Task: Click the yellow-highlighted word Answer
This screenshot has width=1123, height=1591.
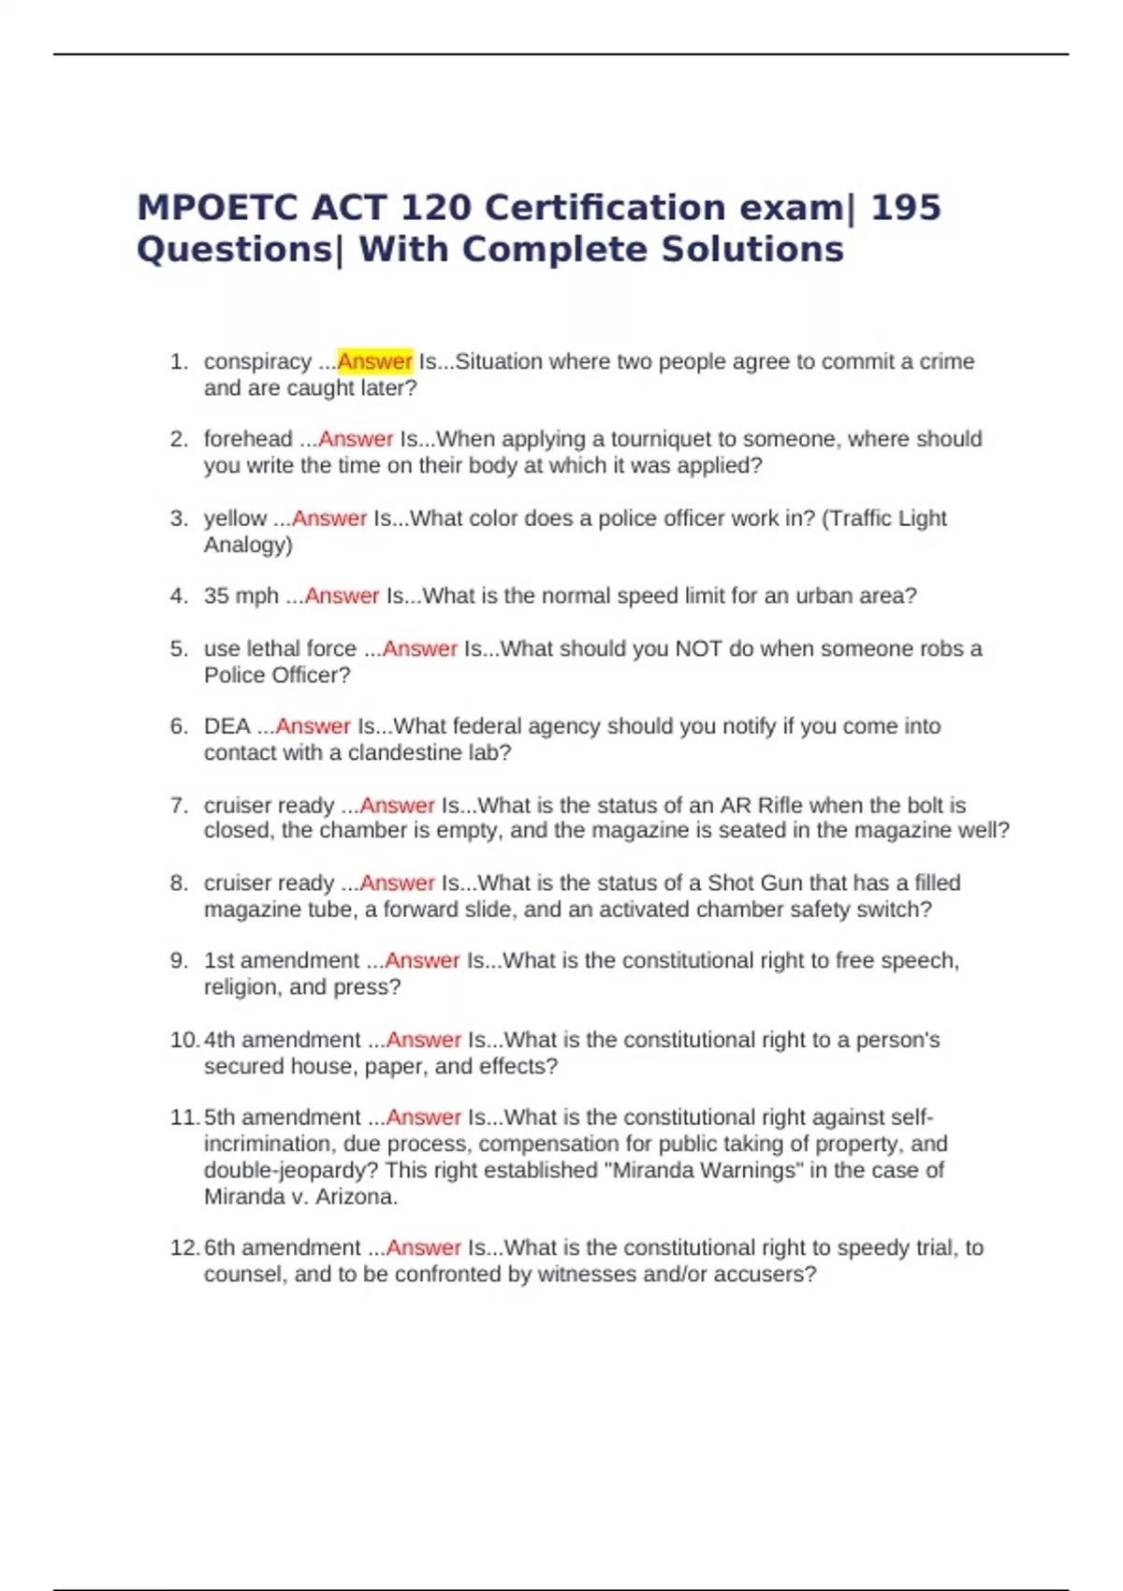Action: (374, 361)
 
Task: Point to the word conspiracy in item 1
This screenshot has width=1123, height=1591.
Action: (257, 362)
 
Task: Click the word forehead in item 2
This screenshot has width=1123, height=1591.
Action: (248, 439)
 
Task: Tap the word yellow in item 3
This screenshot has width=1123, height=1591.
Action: (235, 518)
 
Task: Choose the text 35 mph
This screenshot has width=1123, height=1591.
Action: (241, 596)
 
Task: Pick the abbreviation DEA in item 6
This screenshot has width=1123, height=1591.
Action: (226, 726)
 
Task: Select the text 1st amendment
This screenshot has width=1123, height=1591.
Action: (281, 960)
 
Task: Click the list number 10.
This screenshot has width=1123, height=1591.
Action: (183, 1040)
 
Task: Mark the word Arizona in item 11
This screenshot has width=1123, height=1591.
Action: (356, 1196)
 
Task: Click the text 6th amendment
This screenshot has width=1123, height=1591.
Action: (282, 1248)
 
